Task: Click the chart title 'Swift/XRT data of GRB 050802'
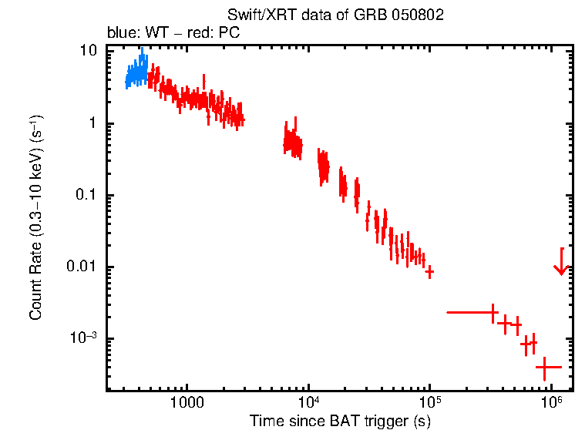335,16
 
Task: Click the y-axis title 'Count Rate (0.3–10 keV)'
36,218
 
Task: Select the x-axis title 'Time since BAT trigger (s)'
339,421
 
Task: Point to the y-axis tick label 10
89,52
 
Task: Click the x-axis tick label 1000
186,403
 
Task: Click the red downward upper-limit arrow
561,263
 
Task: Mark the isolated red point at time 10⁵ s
429,271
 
